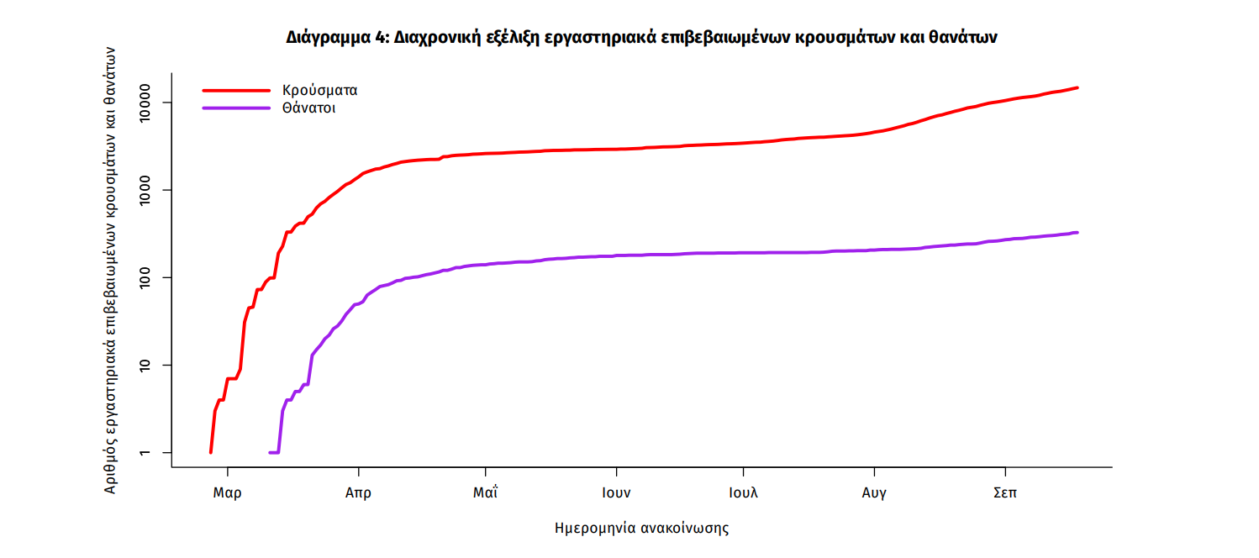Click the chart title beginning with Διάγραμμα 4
(641, 38)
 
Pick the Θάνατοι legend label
(309, 108)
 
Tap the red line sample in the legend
(236, 90)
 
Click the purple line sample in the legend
(236, 108)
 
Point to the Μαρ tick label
(227, 493)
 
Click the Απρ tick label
(358, 493)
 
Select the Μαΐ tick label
(486, 493)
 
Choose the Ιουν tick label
(616, 493)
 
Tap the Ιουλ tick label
(743, 493)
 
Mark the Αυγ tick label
(874, 493)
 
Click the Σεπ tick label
(1004, 493)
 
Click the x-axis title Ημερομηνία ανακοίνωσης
(641, 529)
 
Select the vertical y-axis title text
(110, 269)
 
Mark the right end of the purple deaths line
(1077, 233)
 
